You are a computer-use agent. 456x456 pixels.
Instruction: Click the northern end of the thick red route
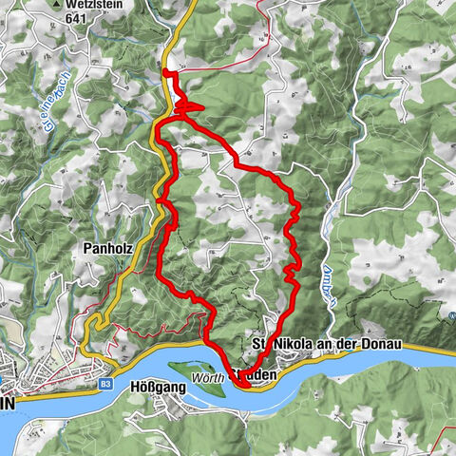coord(166,72)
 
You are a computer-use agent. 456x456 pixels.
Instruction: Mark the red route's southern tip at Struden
coord(241,386)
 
